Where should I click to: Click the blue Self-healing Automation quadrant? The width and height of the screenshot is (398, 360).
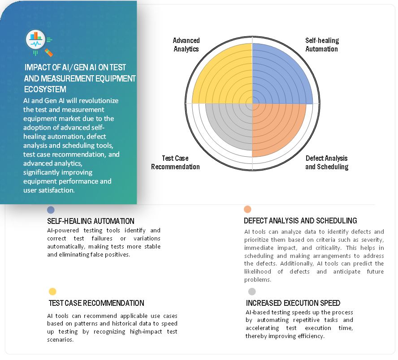pos(280,76)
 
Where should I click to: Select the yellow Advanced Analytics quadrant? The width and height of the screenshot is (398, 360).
pos(224,76)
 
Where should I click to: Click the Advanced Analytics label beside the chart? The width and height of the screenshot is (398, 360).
pos(186,45)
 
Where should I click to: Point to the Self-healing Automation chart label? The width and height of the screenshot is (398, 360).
pos(322,45)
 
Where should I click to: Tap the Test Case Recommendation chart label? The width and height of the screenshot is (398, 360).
pos(175,163)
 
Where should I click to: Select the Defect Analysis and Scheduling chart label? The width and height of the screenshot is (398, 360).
pos(326,163)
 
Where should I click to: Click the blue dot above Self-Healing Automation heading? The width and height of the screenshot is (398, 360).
pos(51,210)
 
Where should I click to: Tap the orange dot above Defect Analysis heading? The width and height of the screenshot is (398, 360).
pos(247,209)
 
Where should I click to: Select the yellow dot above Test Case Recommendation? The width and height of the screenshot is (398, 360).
pos(52,292)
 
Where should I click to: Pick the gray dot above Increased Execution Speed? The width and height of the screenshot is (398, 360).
pos(252,292)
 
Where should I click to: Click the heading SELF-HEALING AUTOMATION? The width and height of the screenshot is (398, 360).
pos(91,221)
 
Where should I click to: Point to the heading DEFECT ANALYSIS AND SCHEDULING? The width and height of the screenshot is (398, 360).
pos(300,221)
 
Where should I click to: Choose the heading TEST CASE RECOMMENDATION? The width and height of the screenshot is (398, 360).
pos(96,303)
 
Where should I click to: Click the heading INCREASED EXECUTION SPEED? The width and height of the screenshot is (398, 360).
pos(293,303)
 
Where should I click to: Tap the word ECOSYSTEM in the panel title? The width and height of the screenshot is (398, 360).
pos(45,90)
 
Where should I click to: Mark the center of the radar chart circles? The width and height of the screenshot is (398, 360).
pos(252,103)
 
